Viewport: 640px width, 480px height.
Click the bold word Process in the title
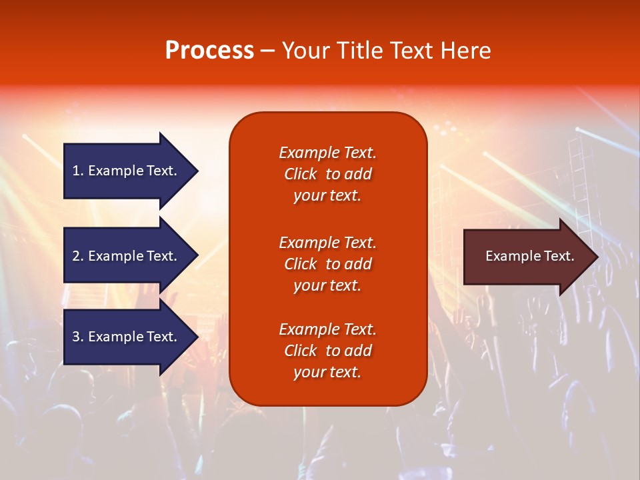pos(209,51)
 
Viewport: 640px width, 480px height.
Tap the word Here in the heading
pos(466,51)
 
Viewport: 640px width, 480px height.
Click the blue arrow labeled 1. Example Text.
pos(131,171)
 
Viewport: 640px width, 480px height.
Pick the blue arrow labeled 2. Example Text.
pos(131,255)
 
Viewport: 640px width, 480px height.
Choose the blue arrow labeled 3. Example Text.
pos(131,336)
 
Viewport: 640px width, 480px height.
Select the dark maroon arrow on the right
pos(531,257)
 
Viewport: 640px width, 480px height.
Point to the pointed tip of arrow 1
pos(199,171)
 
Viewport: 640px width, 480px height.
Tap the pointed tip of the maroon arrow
pos(599,257)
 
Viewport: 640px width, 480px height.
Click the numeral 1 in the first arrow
pos(76,171)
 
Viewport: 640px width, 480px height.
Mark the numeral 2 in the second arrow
pos(76,256)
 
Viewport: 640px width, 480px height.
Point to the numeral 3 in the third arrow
pos(76,336)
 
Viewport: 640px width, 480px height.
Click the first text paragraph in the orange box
pos(328,174)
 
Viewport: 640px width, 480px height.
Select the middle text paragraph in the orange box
pos(328,264)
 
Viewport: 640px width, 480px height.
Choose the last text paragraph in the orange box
pos(328,350)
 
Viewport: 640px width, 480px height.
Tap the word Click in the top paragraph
pos(301,174)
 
